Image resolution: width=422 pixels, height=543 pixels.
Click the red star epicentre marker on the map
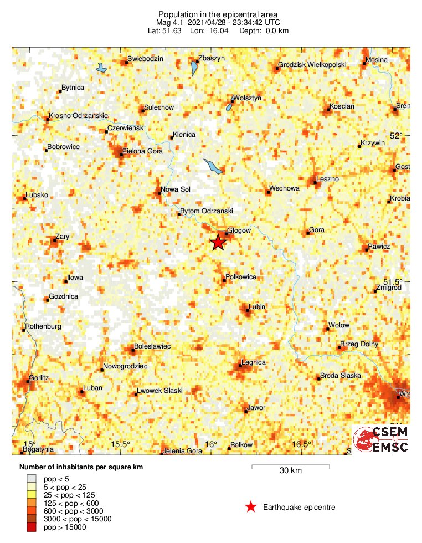(218, 242)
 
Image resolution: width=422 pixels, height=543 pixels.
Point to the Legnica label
(254, 362)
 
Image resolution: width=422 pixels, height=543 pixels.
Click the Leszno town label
(327, 179)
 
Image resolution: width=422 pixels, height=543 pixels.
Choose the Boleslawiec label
(153, 346)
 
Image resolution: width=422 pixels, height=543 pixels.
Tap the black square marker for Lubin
(248, 311)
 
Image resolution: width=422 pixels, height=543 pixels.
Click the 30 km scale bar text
(290, 471)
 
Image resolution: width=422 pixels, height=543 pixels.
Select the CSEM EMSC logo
(382, 439)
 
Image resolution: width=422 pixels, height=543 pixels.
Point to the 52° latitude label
(397, 136)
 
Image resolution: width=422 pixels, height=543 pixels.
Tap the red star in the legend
(251, 506)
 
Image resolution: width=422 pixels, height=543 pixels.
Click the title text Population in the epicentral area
(210, 14)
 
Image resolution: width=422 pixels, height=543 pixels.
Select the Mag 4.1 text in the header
(171, 22)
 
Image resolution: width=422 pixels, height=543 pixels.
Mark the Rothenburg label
(44, 326)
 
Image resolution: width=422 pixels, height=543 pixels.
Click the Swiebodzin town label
(145, 58)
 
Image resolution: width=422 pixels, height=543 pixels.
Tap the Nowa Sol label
(175, 189)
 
